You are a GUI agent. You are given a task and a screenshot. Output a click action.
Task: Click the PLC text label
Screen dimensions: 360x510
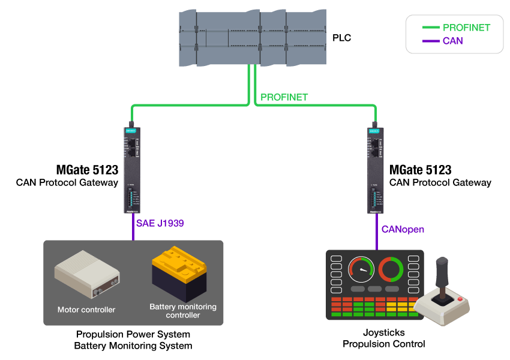click(x=341, y=38)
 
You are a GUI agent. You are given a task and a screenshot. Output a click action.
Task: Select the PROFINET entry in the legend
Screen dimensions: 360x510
click(x=466, y=28)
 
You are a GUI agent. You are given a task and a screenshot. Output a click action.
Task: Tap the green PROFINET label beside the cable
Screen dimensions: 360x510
click(x=284, y=97)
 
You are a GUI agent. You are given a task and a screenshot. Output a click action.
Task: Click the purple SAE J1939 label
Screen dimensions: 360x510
click(x=160, y=223)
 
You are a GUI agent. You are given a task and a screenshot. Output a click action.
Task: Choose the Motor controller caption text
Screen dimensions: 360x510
click(x=86, y=310)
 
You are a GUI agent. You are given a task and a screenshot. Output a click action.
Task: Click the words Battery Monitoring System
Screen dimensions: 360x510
click(x=133, y=346)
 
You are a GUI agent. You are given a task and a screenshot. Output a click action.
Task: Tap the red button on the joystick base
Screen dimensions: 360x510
click(x=460, y=298)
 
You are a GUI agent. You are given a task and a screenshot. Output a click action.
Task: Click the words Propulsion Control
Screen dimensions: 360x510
click(x=384, y=344)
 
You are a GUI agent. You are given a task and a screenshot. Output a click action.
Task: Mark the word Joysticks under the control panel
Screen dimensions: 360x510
click(x=384, y=332)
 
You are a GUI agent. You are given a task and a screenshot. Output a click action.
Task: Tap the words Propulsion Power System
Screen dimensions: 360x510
click(x=133, y=334)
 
